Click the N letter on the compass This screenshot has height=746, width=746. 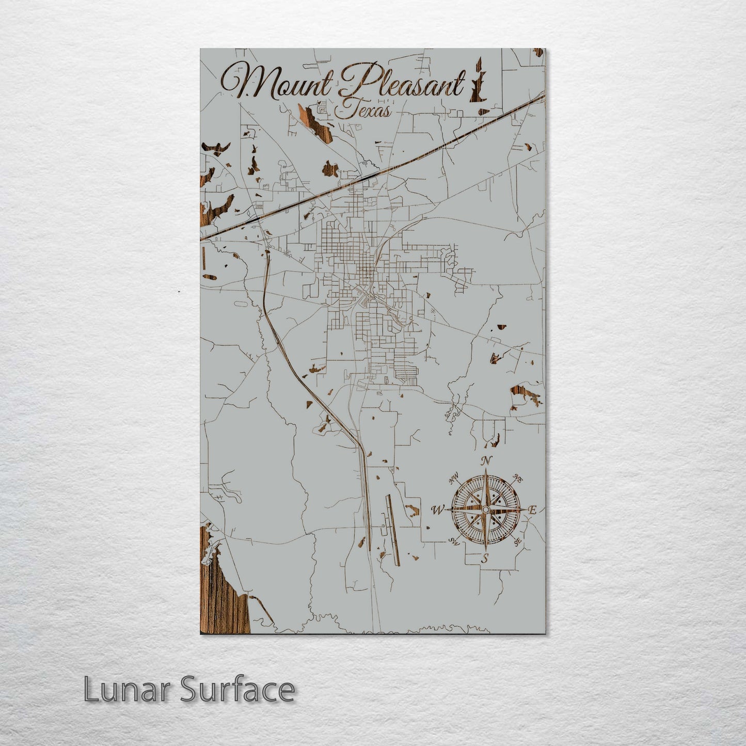click(485, 461)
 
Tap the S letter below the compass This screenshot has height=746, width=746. click(484, 558)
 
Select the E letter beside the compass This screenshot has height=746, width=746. click(533, 510)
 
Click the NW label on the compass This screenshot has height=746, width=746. click(455, 481)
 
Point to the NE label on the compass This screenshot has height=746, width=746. click(518, 479)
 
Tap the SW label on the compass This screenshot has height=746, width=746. click(454, 541)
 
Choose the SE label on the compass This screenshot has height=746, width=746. click(517, 542)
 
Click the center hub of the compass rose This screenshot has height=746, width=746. click(485, 510)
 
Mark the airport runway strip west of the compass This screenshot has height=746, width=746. click(392, 529)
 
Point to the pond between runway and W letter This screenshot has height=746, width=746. click(412, 511)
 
